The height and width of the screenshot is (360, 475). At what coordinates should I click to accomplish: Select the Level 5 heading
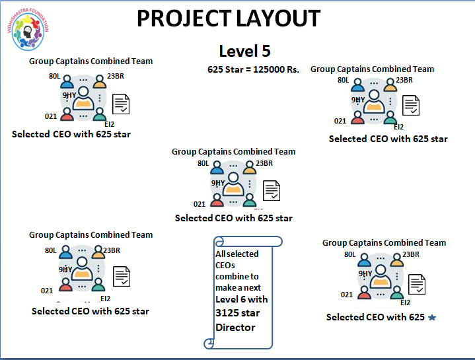click(x=244, y=51)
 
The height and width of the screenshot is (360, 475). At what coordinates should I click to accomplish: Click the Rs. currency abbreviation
click(x=291, y=69)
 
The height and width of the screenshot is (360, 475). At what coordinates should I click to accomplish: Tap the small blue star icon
click(x=432, y=318)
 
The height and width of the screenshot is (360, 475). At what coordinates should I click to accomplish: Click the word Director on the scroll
click(x=235, y=326)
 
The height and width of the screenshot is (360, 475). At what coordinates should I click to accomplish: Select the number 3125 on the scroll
click(x=229, y=313)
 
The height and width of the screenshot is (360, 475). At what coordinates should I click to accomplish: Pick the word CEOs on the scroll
click(x=225, y=265)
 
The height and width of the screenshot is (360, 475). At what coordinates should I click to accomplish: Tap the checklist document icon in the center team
click(x=272, y=190)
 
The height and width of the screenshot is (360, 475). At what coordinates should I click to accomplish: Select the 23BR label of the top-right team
click(x=404, y=81)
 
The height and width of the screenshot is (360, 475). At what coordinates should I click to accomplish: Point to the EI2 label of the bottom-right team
click(x=405, y=303)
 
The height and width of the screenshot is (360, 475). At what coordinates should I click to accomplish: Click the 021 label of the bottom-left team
click(x=47, y=291)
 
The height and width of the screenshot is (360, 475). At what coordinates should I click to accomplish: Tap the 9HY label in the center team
click(x=218, y=183)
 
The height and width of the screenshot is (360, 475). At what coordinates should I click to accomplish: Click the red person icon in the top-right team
click(x=357, y=118)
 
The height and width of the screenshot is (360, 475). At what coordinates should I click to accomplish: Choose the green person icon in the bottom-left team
click(x=99, y=285)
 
